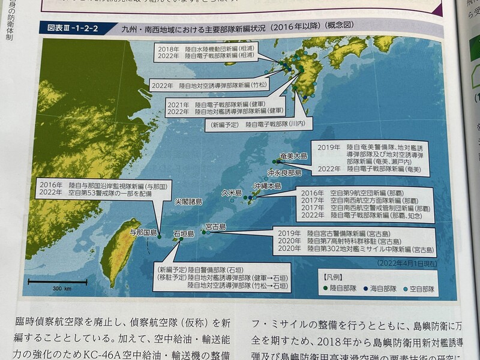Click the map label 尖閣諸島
188,202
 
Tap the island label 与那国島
143,232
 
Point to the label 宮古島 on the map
215,226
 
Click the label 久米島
232,193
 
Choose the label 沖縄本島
267,186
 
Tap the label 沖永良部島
284,172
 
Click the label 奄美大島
293,155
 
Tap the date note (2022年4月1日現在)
408,263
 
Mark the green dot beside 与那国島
160,236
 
